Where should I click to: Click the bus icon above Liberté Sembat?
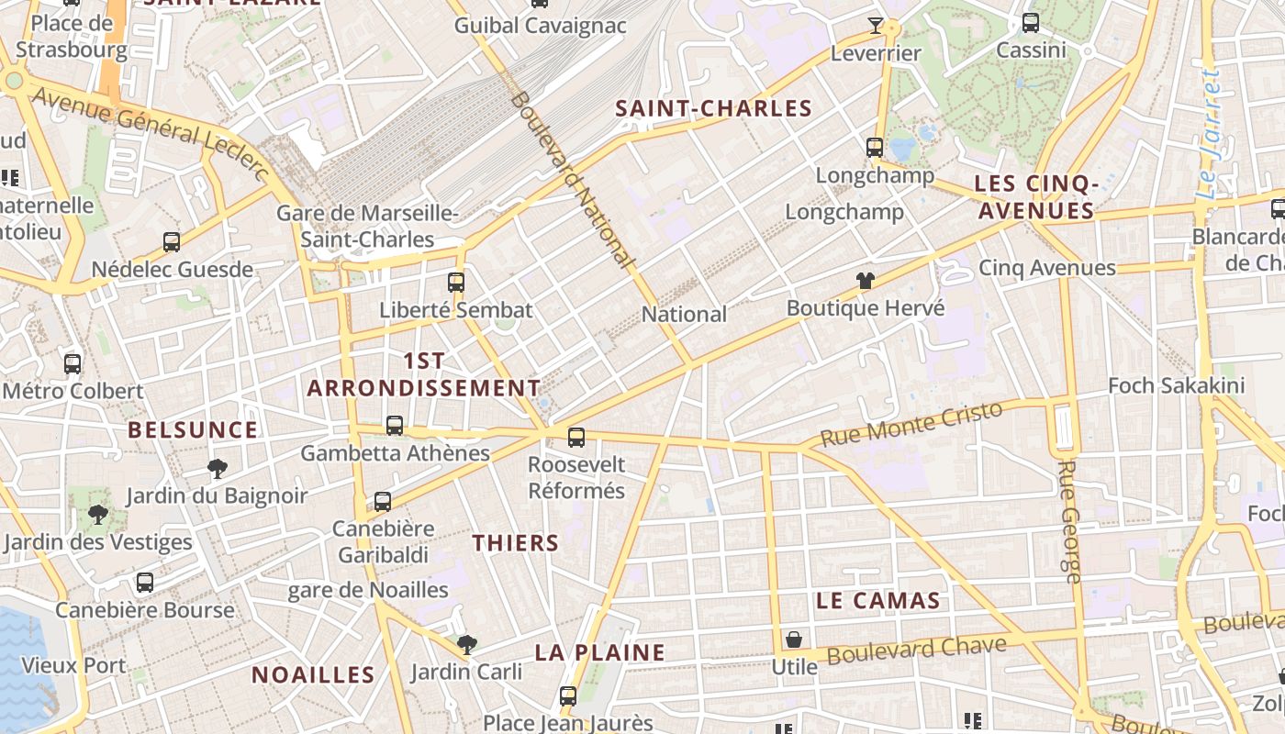click(x=456, y=282)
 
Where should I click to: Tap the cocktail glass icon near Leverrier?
click(x=876, y=26)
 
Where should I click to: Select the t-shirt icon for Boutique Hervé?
click(x=866, y=281)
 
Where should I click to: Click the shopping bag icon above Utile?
click(x=794, y=639)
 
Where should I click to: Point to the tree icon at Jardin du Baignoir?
click(x=218, y=470)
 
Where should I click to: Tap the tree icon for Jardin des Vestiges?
click(x=98, y=515)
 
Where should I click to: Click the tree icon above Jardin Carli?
click(x=467, y=644)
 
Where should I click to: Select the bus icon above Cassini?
click(x=1031, y=23)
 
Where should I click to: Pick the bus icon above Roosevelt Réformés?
click(x=576, y=438)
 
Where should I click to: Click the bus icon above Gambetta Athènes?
click(x=395, y=426)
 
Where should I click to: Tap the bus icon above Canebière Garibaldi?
click(x=383, y=502)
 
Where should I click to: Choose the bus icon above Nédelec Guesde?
click(x=172, y=242)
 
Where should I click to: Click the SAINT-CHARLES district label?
click(x=713, y=108)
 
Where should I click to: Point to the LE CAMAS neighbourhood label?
click(x=878, y=601)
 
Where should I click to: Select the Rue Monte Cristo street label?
click(x=911, y=425)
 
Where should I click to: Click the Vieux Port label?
click(x=73, y=664)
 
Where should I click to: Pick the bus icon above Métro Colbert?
click(x=73, y=364)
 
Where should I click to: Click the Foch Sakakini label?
click(x=1176, y=385)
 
